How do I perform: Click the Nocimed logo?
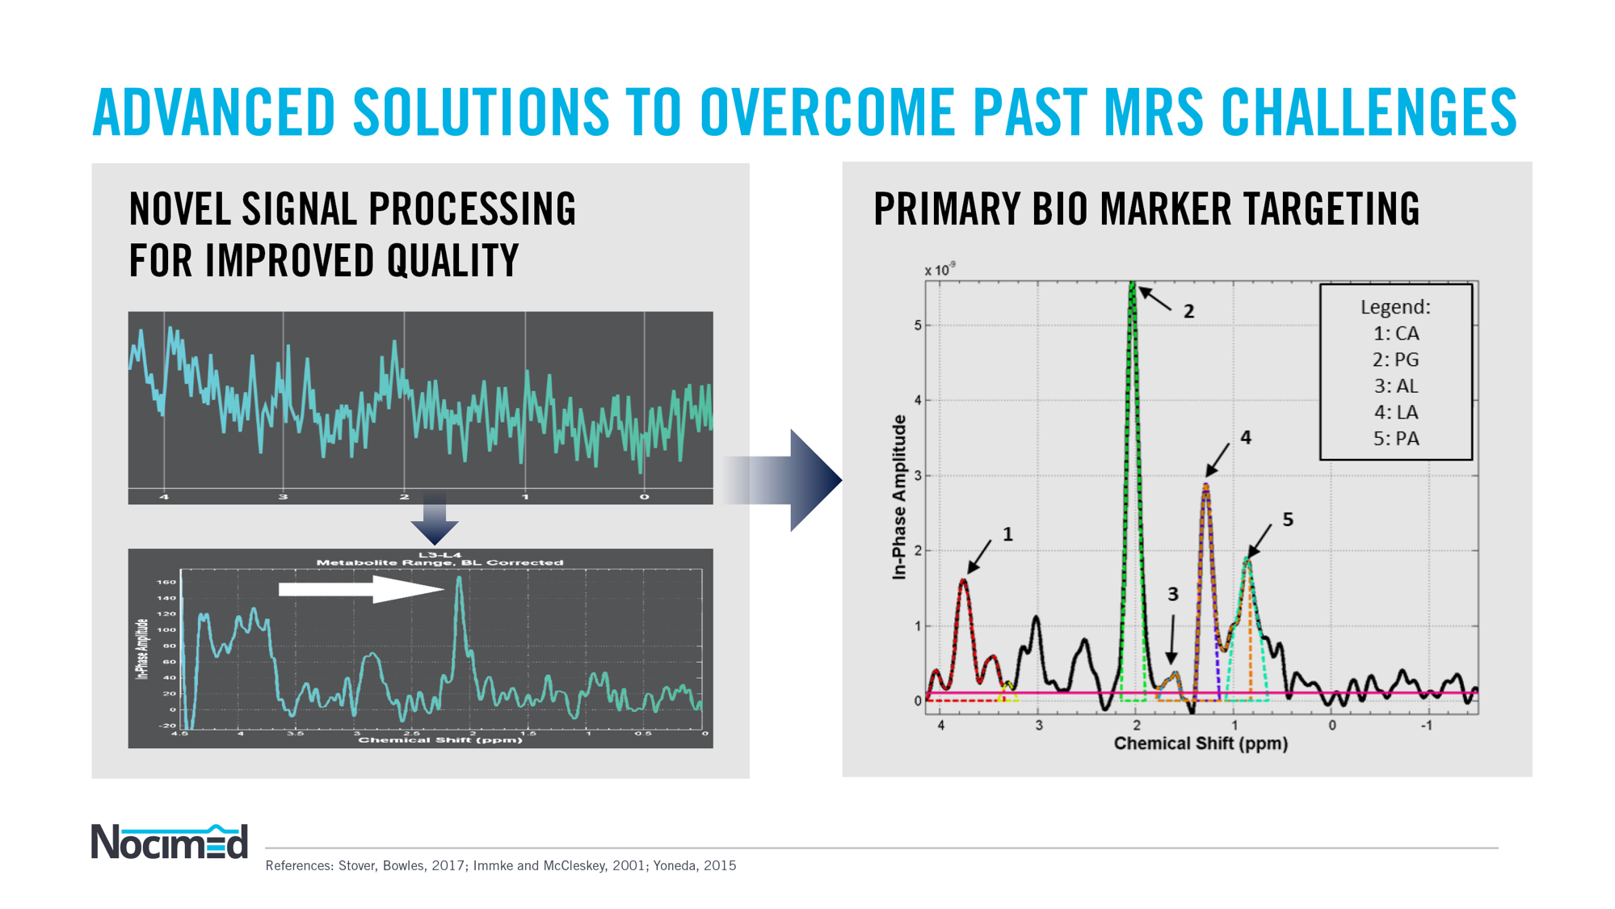tap(169, 842)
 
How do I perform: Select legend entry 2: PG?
tap(1395, 360)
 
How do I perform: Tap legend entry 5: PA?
tap(1395, 439)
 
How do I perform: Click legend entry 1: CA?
tap(1395, 334)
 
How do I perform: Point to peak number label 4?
tap(1246, 437)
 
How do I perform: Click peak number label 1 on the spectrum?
tap(1007, 534)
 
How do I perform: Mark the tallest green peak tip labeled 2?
tap(1133, 284)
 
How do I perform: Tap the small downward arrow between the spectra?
tap(435, 521)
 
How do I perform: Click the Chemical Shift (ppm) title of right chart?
tap(1201, 743)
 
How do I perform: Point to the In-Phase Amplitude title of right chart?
tap(899, 497)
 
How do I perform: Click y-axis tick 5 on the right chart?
tap(918, 326)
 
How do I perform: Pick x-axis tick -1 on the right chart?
tap(1427, 726)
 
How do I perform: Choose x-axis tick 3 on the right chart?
tap(1039, 726)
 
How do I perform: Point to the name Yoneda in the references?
tap(675, 865)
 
